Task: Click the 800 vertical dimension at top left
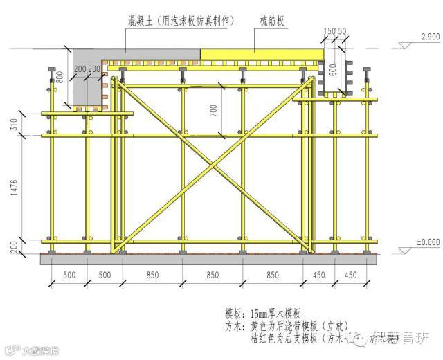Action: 60,78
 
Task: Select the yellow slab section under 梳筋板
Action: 263,55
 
